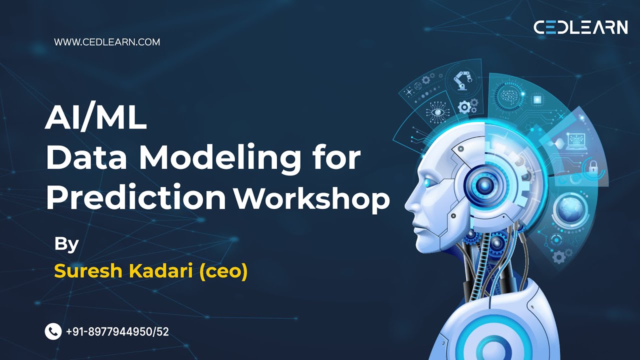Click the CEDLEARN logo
pos(580,27)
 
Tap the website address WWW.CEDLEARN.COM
pos(107,42)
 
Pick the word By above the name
pos(66,244)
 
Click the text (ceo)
pos(223,271)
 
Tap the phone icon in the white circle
pos(53,331)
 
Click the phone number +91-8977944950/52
pos(117,331)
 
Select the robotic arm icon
pos(462,80)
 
